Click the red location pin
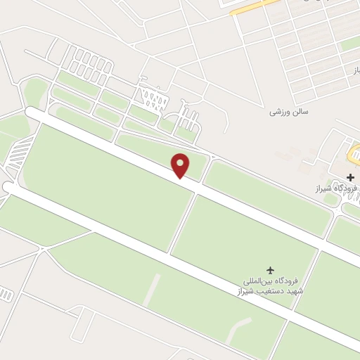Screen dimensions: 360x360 tap(181, 165)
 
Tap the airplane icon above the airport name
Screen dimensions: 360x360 tap(271, 269)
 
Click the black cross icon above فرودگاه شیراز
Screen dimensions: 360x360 tap(351, 177)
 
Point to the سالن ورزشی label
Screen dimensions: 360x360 tap(290, 112)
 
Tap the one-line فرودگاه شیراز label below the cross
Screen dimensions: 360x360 tap(335, 189)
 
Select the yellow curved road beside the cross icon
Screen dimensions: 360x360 tap(354, 150)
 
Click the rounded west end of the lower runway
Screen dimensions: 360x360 tap(8, 187)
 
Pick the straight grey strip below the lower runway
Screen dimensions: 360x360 tap(153, 289)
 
